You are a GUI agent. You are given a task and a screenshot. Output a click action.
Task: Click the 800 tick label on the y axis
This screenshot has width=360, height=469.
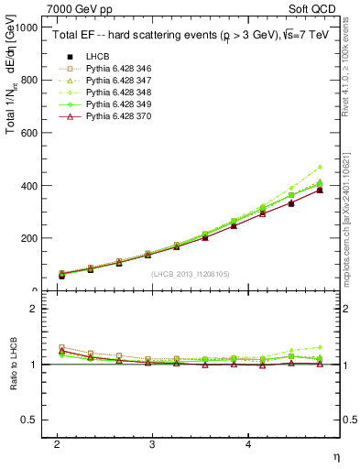point(30,80)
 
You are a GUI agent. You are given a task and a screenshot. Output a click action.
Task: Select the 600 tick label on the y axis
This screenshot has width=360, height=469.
point(30,133)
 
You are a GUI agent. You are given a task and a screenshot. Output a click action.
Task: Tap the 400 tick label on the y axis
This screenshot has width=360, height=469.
point(30,186)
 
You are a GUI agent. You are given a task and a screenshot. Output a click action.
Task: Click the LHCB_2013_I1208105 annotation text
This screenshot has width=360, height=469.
point(190,274)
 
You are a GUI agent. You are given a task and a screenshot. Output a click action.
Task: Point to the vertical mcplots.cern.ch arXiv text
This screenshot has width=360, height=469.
point(345,205)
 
